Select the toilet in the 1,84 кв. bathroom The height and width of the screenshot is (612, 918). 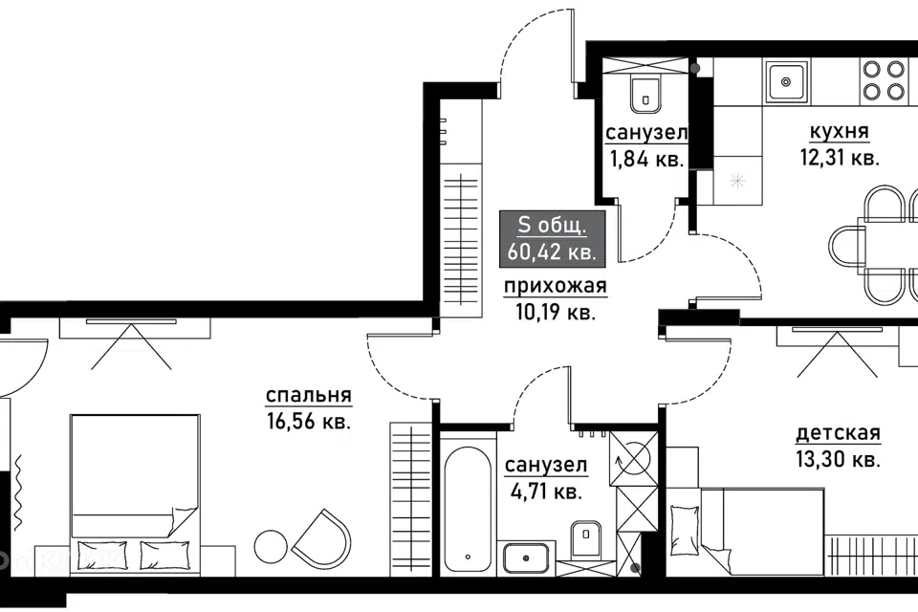coord(645,94)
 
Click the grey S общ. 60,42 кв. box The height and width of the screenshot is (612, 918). coord(552,239)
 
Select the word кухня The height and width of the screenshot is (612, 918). coord(839,132)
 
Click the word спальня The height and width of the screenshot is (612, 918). coord(309,396)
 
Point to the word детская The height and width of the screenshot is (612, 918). coord(838,434)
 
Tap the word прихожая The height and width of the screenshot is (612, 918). coord(556,287)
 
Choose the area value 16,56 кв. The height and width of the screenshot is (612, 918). coord(309,422)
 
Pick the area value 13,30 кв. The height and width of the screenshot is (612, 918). coord(839,460)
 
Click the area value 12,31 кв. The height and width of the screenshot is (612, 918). coord(840,158)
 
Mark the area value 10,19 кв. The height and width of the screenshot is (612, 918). coord(556,313)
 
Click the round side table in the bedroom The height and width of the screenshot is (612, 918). coord(271,546)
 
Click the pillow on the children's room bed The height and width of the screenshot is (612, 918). coord(682,518)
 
